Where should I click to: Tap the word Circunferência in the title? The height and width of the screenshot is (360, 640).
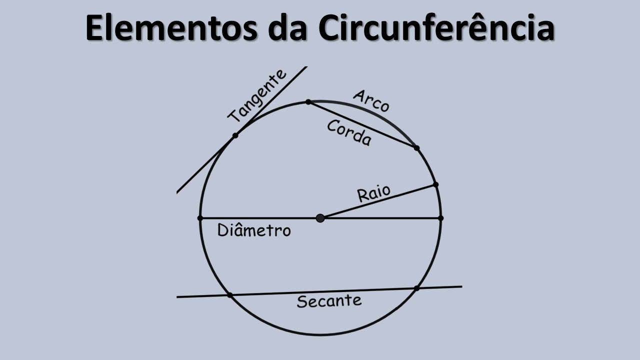pyautogui.click(x=435, y=28)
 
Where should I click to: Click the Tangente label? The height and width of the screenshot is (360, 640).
pyautogui.click(x=257, y=96)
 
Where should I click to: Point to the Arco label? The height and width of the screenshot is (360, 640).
pyautogui.click(x=371, y=100)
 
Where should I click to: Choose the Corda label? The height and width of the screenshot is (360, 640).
pyautogui.click(x=349, y=133)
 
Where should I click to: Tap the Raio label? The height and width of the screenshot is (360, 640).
pyautogui.click(x=373, y=193)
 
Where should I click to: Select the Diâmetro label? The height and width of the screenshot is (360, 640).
pyautogui.click(x=254, y=230)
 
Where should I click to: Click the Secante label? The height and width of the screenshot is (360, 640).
pyautogui.click(x=329, y=301)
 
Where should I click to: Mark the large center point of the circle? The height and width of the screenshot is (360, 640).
pyautogui.click(x=320, y=218)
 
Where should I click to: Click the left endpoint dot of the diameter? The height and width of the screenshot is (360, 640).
pyautogui.click(x=200, y=218)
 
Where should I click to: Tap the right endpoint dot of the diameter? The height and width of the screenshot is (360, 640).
pyautogui.click(x=440, y=218)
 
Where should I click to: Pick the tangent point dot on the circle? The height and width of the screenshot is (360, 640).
pyautogui.click(x=235, y=135)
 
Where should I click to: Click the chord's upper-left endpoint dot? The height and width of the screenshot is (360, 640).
pyautogui.click(x=308, y=102)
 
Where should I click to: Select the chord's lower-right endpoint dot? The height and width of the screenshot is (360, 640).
pyautogui.click(x=417, y=148)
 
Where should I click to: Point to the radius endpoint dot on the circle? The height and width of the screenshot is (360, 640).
pyautogui.click(x=435, y=185)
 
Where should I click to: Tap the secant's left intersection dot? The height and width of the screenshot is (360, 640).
pyautogui.click(x=230, y=295)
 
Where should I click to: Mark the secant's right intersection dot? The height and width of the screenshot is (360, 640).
pyautogui.click(x=416, y=288)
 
